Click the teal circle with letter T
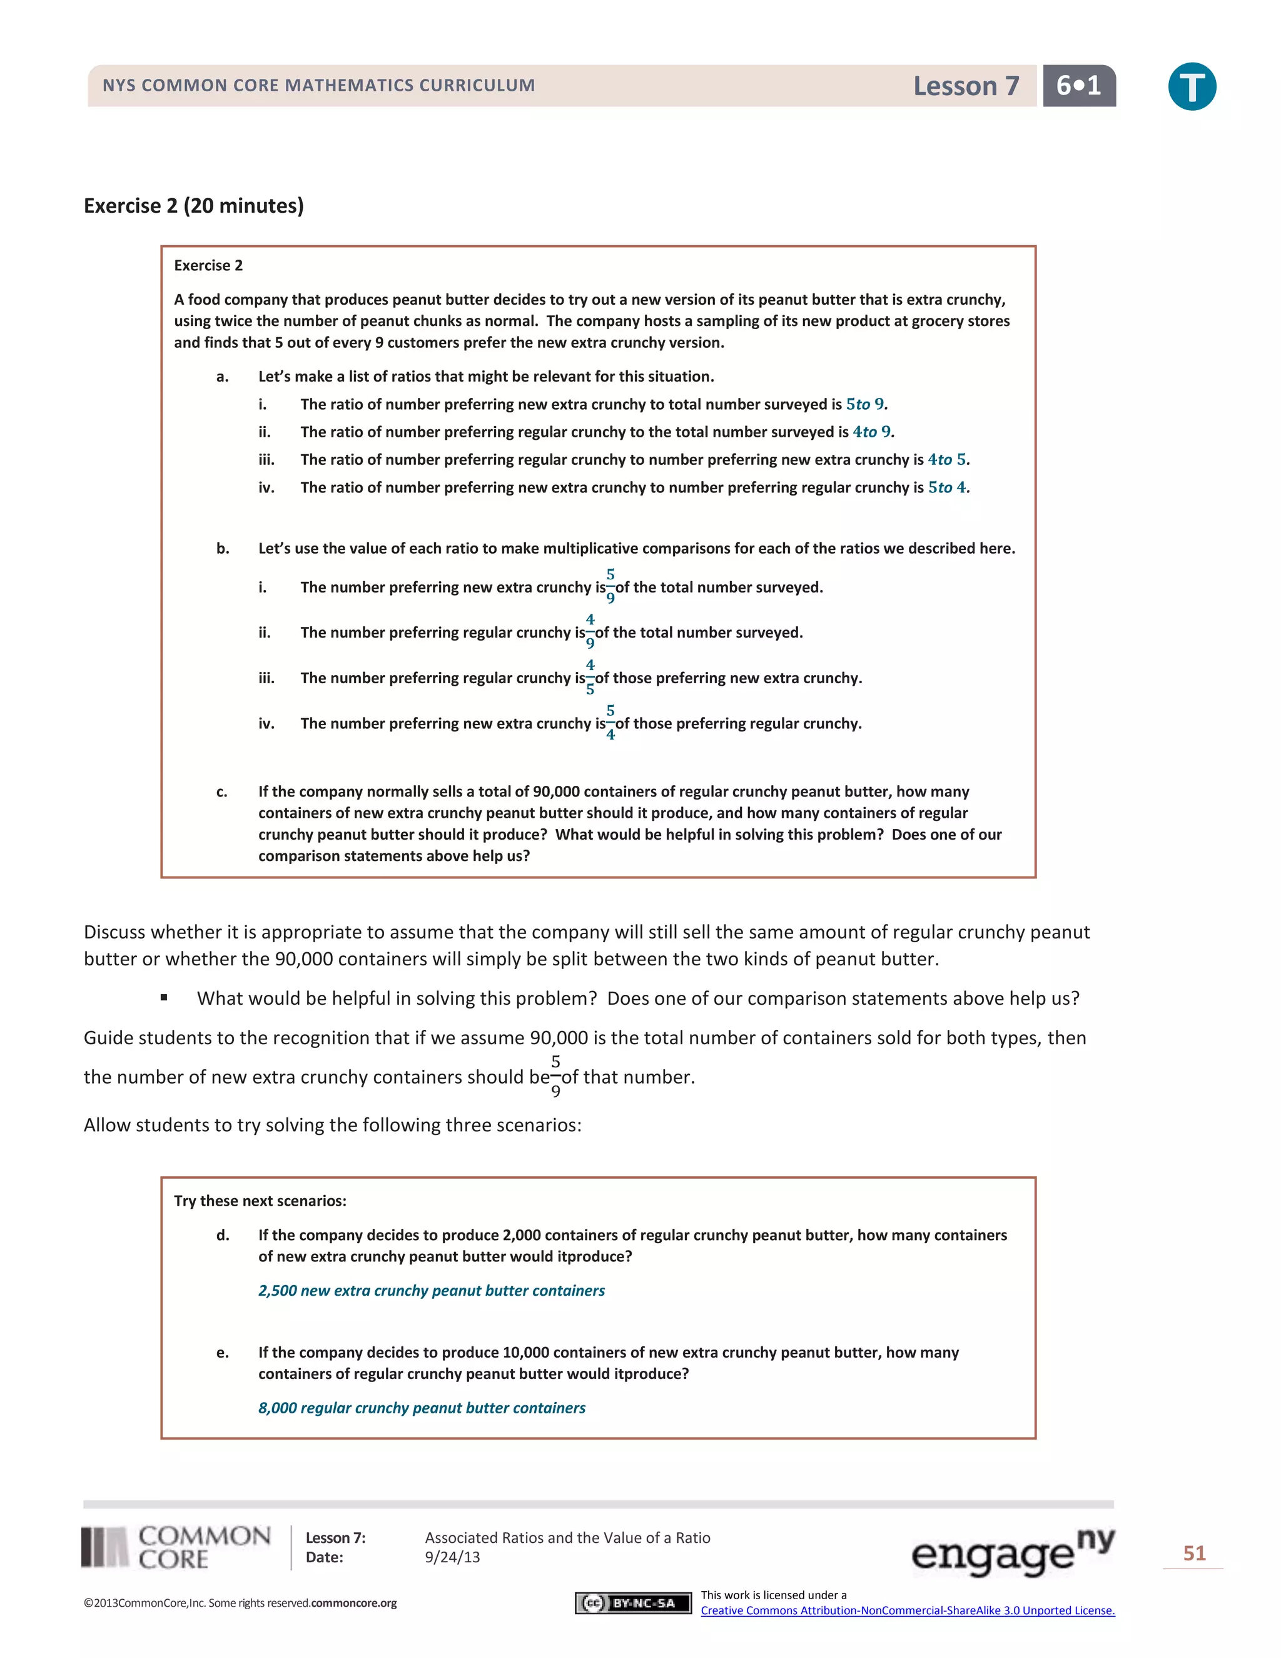pos(1192,86)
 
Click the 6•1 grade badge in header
pos(1078,86)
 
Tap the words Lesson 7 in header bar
pos(965,86)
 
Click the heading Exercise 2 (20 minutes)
pos(193,206)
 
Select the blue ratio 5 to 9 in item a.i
pos(865,404)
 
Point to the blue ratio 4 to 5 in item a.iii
pos(947,459)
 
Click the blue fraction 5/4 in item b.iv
pos(610,723)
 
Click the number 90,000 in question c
pos(556,792)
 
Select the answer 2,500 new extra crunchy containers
pos(431,1291)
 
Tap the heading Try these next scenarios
pos(260,1200)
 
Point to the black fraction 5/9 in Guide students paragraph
pos(555,1076)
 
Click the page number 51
pos(1193,1554)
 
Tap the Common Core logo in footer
pos(176,1547)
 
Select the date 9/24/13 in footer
pos(452,1557)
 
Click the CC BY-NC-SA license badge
pos(633,1602)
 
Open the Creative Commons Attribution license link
pos(907,1610)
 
